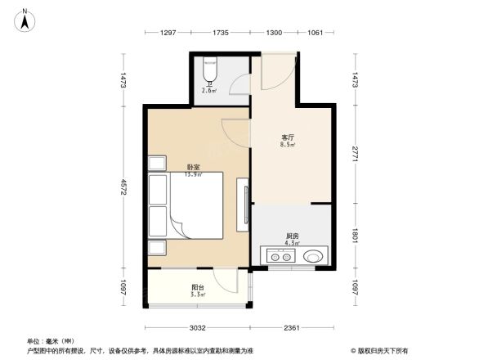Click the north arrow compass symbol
click(26, 18)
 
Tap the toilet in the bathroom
click(210, 70)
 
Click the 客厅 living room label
click(288, 137)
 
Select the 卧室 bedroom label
click(192, 167)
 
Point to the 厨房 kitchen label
click(291, 235)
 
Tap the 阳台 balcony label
click(198, 286)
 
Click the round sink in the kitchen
click(313, 256)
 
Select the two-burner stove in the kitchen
click(276, 256)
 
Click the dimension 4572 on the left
click(123, 187)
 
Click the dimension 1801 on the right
click(356, 235)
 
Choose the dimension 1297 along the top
click(168, 33)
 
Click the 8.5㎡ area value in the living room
click(288, 145)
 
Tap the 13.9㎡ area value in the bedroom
click(192, 174)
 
